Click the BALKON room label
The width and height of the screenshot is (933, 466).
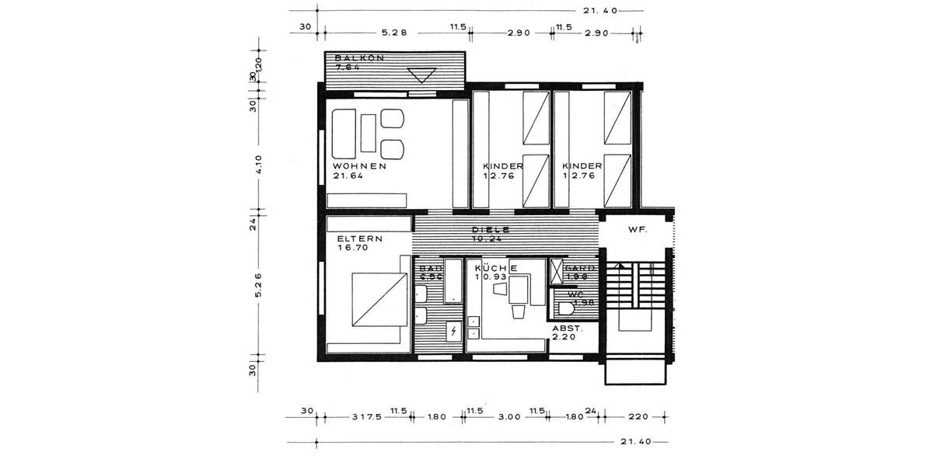tap(359, 59)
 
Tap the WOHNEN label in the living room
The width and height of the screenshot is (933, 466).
tap(360, 166)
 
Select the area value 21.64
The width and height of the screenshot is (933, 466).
tap(348, 176)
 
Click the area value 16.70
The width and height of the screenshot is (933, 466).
tap(352, 249)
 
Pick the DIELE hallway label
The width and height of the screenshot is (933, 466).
tap(491, 230)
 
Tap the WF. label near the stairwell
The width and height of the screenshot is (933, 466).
tap(638, 231)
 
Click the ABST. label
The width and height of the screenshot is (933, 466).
tap(566, 329)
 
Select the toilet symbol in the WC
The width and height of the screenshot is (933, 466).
tap(572, 309)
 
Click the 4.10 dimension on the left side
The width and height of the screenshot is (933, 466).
tap(259, 165)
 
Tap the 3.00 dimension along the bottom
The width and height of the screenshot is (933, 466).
tap(508, 417)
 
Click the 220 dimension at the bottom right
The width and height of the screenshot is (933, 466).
tap(638, 417)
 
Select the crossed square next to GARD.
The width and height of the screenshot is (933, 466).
tap(557, 271)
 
